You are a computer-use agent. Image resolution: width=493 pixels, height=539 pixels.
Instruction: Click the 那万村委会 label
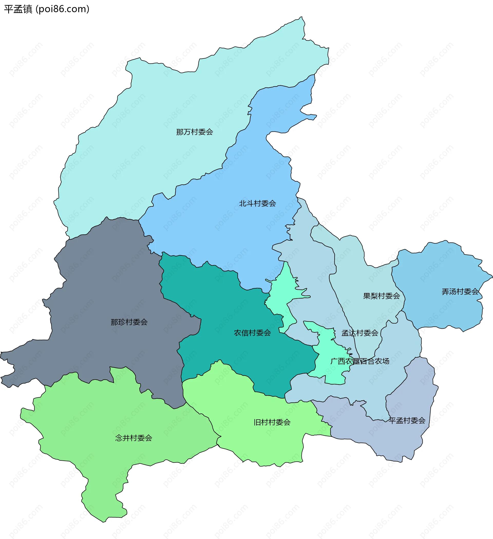(x=194, y=132)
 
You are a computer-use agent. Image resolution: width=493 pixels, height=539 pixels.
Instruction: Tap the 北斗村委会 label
(x=257, y=203)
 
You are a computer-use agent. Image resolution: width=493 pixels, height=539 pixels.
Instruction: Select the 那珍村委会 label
(x=129, y=322)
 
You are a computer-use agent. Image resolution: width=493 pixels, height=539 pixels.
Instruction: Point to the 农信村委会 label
(x=252, y=333)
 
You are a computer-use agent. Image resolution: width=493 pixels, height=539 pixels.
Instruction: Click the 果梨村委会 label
(x=381, y=296)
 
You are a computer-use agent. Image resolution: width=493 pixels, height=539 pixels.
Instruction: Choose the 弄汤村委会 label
(x=460, y=292)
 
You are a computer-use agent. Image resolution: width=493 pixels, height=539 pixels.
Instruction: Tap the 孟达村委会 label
(x=359, y=333)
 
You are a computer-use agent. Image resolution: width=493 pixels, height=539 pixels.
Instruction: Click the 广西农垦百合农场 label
(x=359, y=361)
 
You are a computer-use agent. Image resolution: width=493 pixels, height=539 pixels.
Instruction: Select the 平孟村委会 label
(x=407, y=421)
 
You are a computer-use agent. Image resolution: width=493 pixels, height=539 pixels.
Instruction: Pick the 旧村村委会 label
(x=272, y=422)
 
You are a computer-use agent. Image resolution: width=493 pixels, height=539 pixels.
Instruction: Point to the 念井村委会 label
(x=134, y=438)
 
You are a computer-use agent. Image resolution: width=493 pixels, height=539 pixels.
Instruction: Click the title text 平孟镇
(x=18, y=9)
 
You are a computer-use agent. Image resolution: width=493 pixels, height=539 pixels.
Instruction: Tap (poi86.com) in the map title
(x=63, y=9)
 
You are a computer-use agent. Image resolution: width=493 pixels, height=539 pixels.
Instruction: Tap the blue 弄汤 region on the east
(x=441, y=267)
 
